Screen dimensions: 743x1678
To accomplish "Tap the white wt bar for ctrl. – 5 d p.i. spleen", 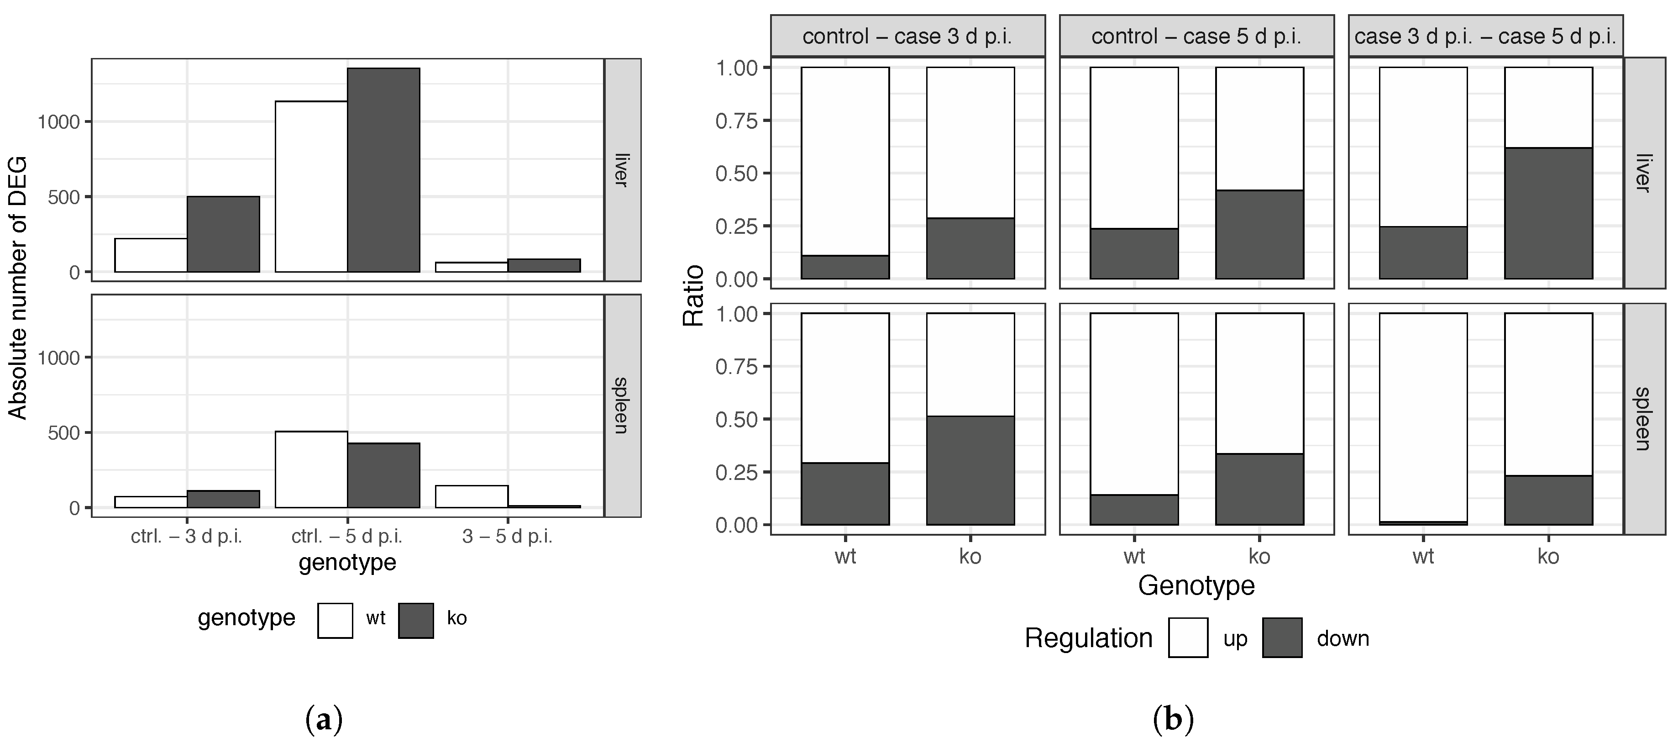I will click(x=311, y=469).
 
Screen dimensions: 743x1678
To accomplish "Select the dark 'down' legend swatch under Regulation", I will click(x=1282, y=638).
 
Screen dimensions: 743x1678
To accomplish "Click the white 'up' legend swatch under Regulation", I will click(x=1188, y=638).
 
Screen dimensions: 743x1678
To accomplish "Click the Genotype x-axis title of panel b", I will click(x=1196, y=585).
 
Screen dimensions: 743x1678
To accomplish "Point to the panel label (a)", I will click(x=323, y=720).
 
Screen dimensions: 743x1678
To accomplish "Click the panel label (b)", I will click(x=1173, y=720).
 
